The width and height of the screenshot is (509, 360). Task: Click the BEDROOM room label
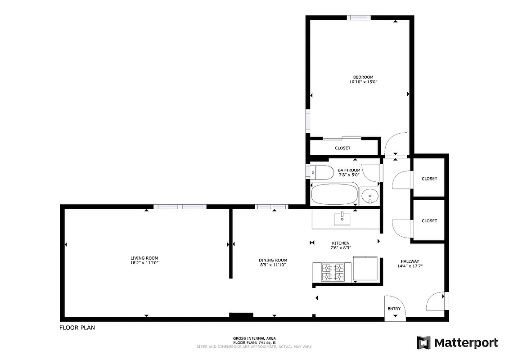coord(363,77)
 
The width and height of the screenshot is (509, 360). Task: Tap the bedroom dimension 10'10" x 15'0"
coord(363,82)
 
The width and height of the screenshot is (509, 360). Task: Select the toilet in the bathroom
coord(320,171)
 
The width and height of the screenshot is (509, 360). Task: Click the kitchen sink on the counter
coord(344,218)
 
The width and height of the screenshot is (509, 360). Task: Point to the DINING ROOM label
coord(273,260)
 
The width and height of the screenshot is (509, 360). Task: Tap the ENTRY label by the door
coord(394,309)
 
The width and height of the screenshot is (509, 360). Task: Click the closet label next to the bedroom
coord(342,148)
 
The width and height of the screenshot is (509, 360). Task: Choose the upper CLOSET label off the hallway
coord(429,179)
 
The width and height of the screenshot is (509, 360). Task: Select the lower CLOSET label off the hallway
coord(429,221)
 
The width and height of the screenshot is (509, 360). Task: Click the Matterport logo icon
coord(423,342)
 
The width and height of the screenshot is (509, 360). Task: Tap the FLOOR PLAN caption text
coord(77,328)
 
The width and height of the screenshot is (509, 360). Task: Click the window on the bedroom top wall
coord(359,18)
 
